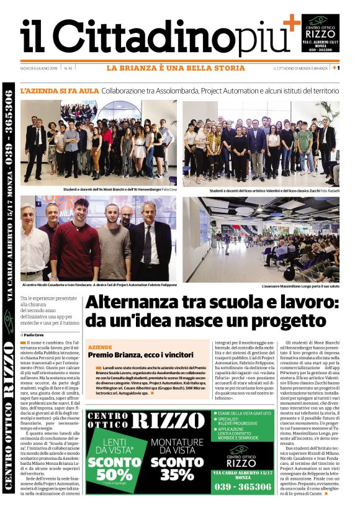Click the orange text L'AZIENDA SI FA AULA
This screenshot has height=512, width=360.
pos(60,91)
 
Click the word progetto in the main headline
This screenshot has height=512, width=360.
pos(295,321)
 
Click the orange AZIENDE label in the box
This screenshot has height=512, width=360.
pos(100,348)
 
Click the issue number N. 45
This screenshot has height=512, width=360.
pos(68,68)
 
